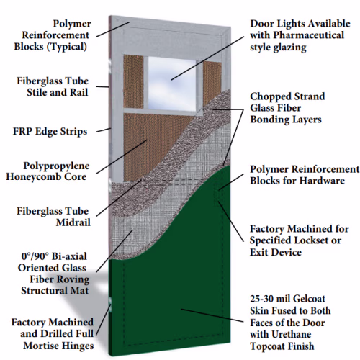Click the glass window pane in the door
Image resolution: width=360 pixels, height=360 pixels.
pos(172,84)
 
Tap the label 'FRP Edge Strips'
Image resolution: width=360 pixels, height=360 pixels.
pos(50,132)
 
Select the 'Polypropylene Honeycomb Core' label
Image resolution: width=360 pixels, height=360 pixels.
pos(48,171)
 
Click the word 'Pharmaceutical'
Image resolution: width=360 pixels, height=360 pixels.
pos(309,35)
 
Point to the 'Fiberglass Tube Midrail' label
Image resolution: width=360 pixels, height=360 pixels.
pos(53,217)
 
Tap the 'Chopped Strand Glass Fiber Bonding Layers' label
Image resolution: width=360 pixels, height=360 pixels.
pos(287,108)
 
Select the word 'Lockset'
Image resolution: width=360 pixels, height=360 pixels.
pos(308,240)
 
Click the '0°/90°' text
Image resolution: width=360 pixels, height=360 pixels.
pos(35,256)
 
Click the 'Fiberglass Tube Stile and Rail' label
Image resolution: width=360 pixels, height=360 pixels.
pos(53,86)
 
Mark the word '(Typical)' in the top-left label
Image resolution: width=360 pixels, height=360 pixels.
pos(67,46)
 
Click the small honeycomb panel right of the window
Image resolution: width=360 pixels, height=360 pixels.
pos(212,82)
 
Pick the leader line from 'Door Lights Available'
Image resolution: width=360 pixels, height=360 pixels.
pos(207,58)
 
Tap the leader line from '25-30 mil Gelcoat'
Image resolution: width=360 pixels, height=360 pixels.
pos(212,315)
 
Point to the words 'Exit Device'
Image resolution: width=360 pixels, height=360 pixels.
pos(276,252)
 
